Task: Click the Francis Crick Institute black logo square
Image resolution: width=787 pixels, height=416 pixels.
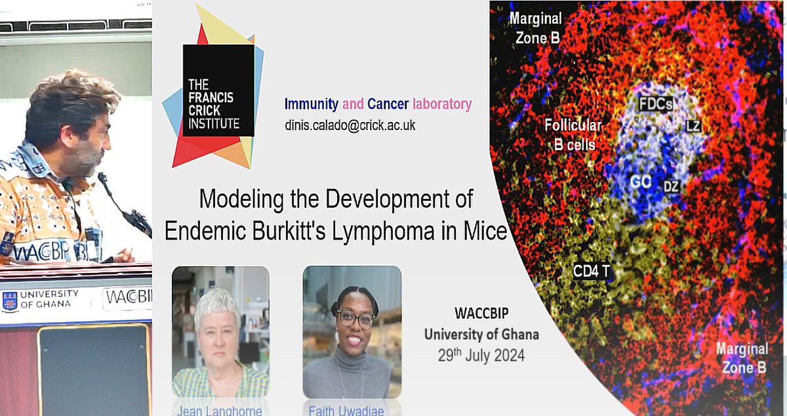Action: coord(218,91)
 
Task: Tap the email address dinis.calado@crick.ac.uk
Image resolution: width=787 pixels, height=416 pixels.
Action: coord(350,125)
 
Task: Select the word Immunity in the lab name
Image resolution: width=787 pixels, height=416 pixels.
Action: coord(312,104)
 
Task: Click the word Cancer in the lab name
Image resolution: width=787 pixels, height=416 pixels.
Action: coord(388,104)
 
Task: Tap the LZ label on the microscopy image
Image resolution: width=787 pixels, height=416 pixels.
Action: coord(693,125)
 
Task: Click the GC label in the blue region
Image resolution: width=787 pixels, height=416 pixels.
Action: coord(637,182)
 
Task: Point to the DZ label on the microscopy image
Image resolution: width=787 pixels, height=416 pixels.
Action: coord(670,186)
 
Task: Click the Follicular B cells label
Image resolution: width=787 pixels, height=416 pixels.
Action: coord(573,135)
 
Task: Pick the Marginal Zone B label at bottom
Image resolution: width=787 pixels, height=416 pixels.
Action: coord(742,358)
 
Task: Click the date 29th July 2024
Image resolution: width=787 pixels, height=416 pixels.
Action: coord(481,356)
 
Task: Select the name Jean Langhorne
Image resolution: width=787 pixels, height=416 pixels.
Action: coord(220,410)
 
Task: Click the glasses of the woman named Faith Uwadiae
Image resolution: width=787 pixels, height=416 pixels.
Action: coord(355,320)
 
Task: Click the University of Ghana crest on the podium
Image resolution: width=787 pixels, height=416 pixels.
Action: coord(10,301)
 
